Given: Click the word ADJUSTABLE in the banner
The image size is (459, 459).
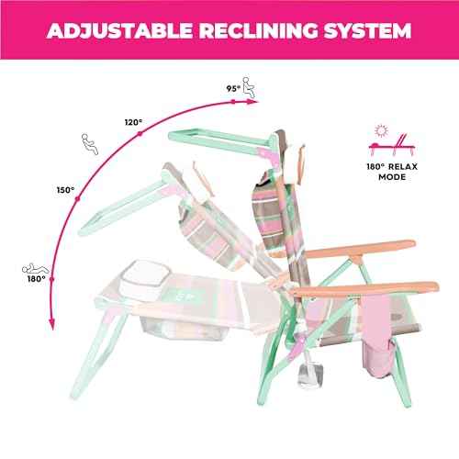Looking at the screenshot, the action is [x=119, y=30].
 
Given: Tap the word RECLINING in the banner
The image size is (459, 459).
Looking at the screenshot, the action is [x=259, y=30].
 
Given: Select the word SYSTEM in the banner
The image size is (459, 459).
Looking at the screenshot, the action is [x=367, y=30].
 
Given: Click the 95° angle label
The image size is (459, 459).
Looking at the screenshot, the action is [x=233, y=88].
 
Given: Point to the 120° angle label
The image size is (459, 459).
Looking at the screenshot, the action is [x=133, y=122].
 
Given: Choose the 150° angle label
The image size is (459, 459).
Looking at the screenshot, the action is [x=65, y=190].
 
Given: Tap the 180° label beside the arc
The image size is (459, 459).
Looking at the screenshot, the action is [x=37, y=279].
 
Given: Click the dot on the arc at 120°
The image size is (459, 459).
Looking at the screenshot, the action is [x=140, y=133].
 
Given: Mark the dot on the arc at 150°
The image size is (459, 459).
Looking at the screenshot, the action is [x=77, y=199].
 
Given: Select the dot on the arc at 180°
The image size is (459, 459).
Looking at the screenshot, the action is [x=52, y=279].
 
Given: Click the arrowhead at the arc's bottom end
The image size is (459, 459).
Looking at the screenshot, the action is [x=52, y=324].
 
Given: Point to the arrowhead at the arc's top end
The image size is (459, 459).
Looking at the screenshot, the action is [x=252, y=102].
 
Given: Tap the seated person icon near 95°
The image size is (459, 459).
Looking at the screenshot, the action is [x=249, y=87].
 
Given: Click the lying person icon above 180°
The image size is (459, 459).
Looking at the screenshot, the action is [x=35, y=269].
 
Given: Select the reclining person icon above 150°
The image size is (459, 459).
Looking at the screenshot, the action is [x=90, y=144].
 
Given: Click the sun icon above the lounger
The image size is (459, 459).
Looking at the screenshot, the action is [x=381, y=130].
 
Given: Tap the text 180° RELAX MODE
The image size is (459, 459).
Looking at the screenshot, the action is [x=392, y=172].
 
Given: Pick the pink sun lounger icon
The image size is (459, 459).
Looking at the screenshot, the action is [x=393, y=145].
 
